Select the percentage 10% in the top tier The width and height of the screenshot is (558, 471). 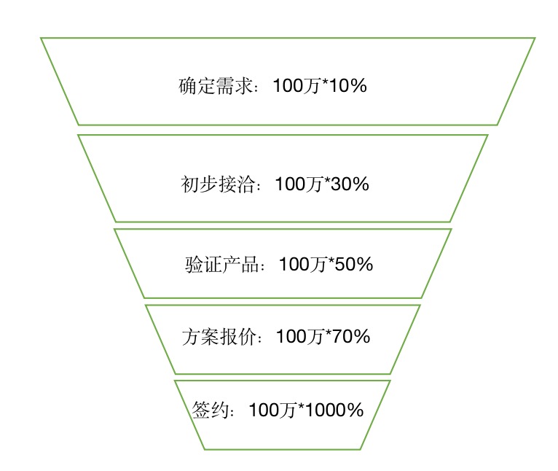point(348,86)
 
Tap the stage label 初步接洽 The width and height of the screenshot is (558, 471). point(218,184)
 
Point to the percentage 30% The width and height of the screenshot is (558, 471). point(350,184)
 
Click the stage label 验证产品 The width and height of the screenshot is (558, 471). point(222,265)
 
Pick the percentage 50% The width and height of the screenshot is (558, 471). point(354,265)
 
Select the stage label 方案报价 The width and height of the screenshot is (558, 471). point(219,337)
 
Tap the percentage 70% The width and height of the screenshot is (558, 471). point(351,337)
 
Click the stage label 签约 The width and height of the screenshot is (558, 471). point(210,410)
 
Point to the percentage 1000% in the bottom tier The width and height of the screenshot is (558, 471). point(334,410)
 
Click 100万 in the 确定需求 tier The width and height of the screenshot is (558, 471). point(297,86)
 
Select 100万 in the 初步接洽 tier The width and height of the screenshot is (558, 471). point(299,184)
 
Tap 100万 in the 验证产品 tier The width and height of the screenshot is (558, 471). point(303,265)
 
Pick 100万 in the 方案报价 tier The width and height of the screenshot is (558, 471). point(300,337)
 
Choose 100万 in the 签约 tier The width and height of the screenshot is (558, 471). point(272,410)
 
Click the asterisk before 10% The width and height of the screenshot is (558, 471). point(326,82)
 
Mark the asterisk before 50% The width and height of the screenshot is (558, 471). point(331,260)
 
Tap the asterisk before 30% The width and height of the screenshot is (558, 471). point(327,180)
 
